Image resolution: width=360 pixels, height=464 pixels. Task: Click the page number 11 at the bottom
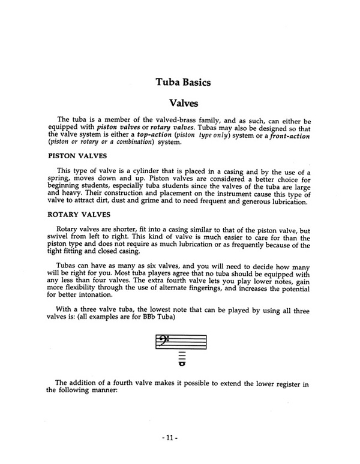click(x=180, y=438)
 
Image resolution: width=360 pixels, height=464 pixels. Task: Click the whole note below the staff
click(x=181, y=363)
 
